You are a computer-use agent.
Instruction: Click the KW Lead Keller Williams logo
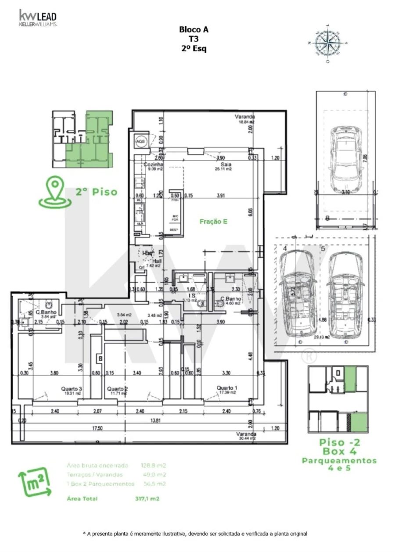37,18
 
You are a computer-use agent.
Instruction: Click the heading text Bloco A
194,30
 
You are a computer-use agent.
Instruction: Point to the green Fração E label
213,222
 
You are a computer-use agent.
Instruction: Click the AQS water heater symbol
140,141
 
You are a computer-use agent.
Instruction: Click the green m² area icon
30,484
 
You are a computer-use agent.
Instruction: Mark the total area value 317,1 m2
151,499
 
